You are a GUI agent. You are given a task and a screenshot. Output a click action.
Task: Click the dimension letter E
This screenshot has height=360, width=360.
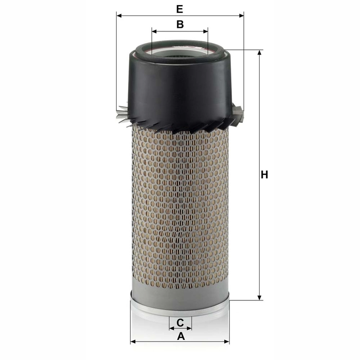tap(179, 9)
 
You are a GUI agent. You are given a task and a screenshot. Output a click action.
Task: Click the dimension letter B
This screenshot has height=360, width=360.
tap(180, 24)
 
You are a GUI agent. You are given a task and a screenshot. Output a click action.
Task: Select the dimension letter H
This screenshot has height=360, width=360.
tap(264, 175)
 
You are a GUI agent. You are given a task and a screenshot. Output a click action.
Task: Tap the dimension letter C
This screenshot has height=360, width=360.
tap(180, 322)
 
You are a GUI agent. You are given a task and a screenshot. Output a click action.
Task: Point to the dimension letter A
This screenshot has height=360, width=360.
tap(181, 336)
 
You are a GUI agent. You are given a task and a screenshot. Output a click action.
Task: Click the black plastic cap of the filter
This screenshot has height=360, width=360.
tap(180, 87)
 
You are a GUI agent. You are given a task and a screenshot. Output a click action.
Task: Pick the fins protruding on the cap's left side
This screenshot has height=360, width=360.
tap(122, 114)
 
